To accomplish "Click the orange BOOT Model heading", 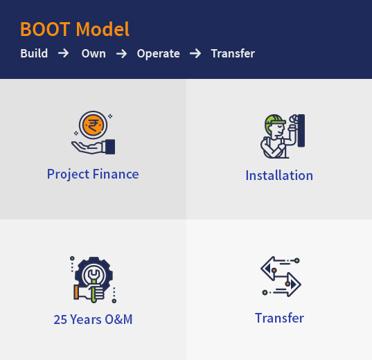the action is [75, 29].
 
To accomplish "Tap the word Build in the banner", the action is [34, 53].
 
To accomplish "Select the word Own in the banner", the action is [94, 53].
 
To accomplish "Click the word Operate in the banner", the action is [158, 53].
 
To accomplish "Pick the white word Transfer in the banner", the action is [233, 53].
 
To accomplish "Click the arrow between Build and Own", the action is [64, 53].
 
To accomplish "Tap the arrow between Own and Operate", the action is [121, 53].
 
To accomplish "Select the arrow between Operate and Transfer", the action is [195, 53].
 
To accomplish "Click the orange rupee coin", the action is [93, 125].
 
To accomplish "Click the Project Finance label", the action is [93, 174].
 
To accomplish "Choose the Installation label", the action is [279, 175].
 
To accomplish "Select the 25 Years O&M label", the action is [93, 319].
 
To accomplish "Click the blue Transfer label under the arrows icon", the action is [279, 318].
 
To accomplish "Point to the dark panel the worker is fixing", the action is [301, 131].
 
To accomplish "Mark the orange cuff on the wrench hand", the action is [76, 292].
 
